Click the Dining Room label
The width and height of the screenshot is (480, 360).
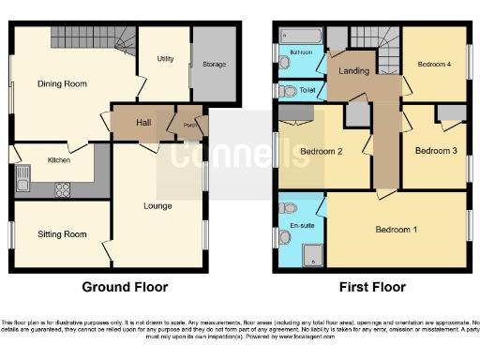[x=62, y=83]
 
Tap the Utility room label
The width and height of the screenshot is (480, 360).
[x=165, y=58]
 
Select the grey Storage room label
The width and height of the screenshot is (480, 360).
[x=214, y=65]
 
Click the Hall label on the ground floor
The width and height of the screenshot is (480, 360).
[x=143, y=122]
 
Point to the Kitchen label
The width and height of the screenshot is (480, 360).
[x=59, y=160]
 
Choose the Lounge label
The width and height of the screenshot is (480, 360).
[x=157, y=204]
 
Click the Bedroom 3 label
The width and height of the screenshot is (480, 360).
[x=435, y=150]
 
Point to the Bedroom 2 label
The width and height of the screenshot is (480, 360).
[x=320, y=150]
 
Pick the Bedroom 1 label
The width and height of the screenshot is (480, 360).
[x=397, y=229]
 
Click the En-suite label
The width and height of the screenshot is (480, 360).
[x=301, y=225]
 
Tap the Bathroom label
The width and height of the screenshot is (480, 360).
[x=301, y=52]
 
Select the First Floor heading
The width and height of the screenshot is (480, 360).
[x=373, y=286]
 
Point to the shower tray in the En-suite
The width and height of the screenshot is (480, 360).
[x=311, y=253]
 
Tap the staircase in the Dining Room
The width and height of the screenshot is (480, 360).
[x=90, y=38]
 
